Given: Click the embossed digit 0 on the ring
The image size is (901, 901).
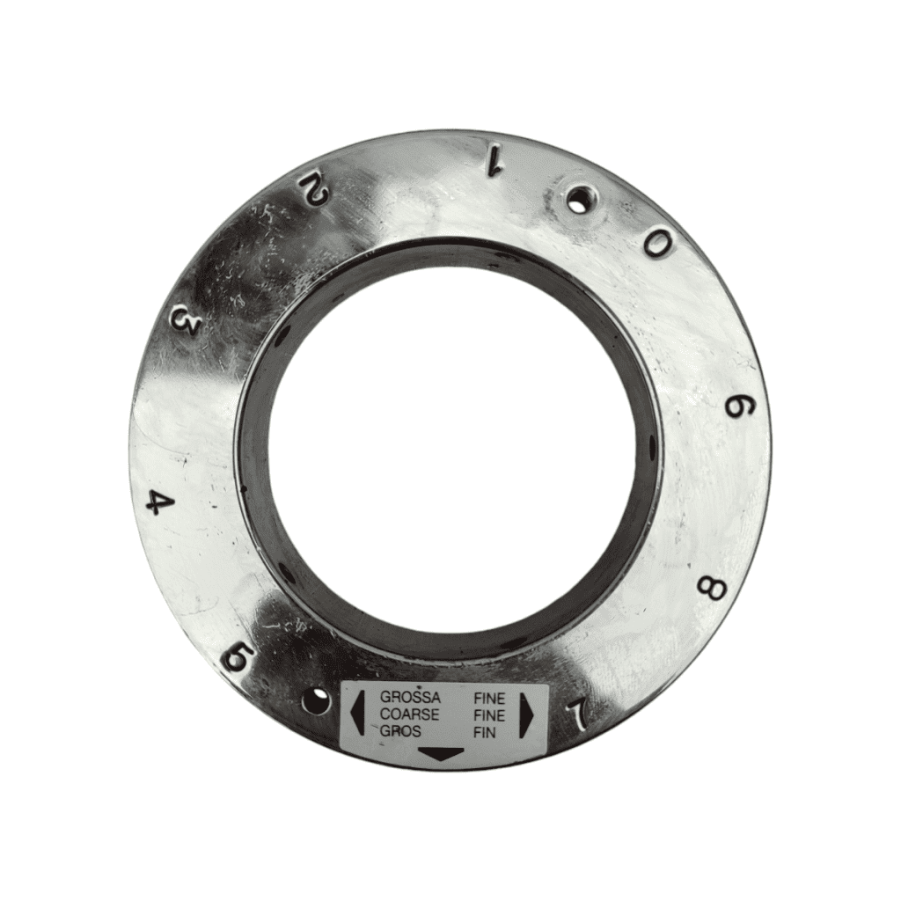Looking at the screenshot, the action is tap(656, 245).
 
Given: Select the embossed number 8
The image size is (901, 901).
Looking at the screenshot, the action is tap(711, 589).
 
